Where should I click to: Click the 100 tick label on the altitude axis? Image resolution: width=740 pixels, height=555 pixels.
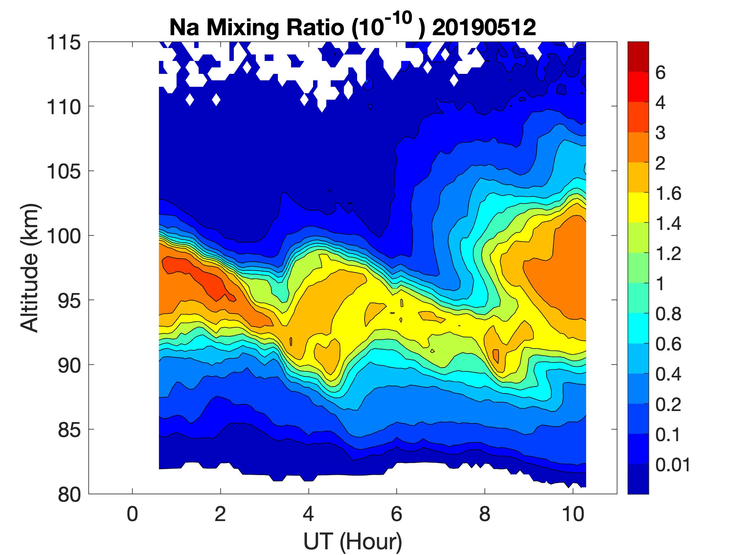(x=63, y=236)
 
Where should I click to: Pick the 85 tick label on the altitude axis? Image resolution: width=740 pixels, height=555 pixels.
(x=69, y=430)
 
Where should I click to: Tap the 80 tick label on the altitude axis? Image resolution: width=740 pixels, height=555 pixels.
(x=69, y=494)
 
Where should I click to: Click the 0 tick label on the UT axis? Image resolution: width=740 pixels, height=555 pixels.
(x=133, y=514)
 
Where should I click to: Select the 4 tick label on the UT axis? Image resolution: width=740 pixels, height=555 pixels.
(x=308, y=514)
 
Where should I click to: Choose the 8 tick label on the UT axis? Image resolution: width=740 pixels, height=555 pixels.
(x=485, y=514)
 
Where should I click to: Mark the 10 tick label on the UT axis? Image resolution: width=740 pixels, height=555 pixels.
(x=573, y=514)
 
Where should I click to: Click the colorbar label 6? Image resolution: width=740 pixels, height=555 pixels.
(x=660, y=73)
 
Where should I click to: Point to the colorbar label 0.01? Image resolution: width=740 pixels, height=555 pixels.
(x=672, y=465)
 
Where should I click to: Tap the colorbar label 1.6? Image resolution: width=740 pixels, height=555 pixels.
(x=668, y=194)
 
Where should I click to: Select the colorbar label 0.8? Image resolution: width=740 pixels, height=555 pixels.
(x=668, y=314)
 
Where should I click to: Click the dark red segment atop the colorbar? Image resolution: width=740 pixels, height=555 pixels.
(x=638, y=56)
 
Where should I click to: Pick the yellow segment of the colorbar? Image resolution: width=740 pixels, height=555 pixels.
(x=638, y=207)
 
